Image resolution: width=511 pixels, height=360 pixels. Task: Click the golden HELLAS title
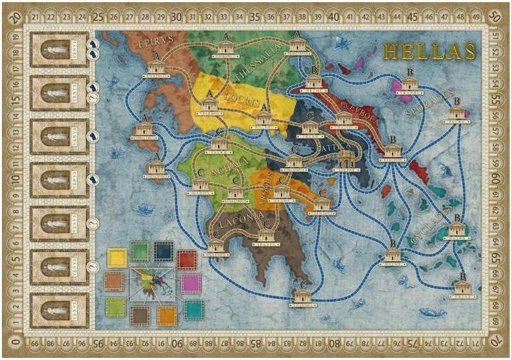[429, 51]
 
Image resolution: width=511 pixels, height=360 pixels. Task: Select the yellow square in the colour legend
[116, 257]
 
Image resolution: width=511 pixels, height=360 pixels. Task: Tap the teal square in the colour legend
[194, 309]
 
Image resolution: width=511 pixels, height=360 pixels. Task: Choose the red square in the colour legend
[187, 261]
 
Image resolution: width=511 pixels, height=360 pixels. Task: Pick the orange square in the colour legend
[167, 315]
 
